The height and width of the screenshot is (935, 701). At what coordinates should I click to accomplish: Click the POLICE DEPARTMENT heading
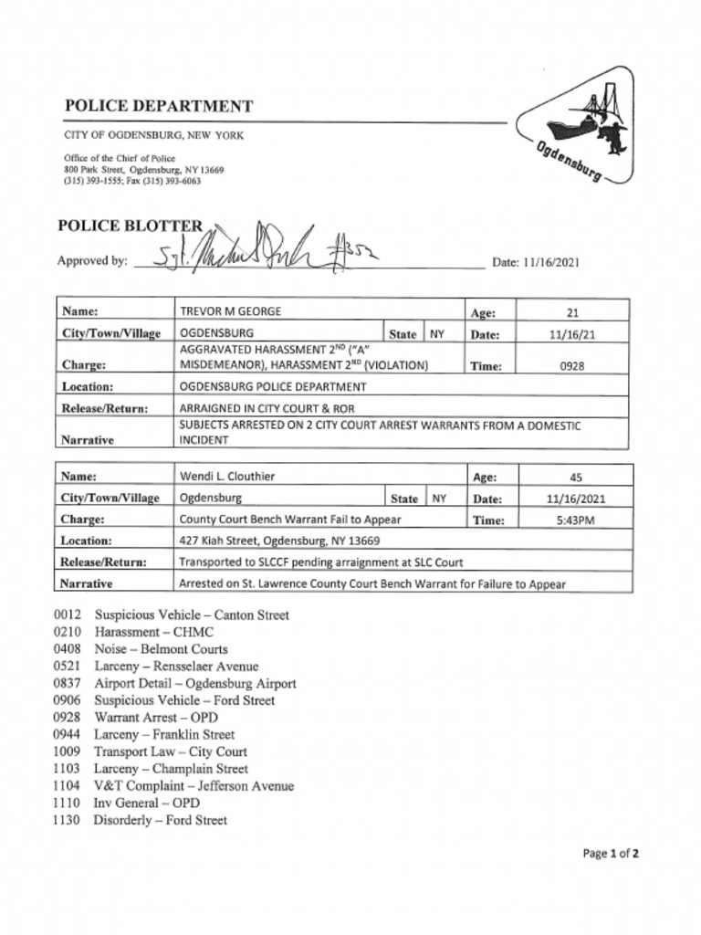coord(158,106)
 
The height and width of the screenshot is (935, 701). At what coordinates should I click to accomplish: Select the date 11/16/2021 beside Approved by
coord(535,262)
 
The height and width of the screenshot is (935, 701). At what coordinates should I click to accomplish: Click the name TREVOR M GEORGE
coord(230,311)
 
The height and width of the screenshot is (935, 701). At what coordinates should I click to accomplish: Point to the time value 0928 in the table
coord(572,365)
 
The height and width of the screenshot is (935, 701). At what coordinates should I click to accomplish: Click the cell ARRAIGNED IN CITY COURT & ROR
coord(267,408)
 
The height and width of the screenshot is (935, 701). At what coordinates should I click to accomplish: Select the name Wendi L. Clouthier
coord(227,476)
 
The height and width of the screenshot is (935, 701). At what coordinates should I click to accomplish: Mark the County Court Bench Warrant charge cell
coord(290,520)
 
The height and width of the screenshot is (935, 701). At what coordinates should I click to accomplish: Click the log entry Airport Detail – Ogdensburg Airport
coord(194,683)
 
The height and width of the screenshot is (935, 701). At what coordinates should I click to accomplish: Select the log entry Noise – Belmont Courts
coord(161,649)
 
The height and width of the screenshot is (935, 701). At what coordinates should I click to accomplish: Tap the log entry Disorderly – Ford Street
coord(160,820)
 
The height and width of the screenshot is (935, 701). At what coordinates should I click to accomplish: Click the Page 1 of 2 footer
coord(610,854)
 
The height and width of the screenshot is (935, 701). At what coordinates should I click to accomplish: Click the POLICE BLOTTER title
coord(131,226)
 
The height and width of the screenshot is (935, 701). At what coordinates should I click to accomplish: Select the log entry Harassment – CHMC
coord(153,632)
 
